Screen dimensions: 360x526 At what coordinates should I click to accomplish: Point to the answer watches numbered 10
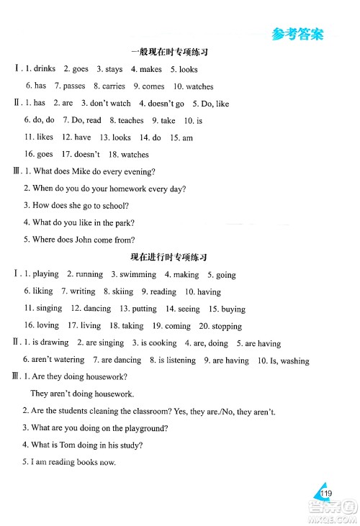199,86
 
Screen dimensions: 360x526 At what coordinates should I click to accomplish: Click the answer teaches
131,121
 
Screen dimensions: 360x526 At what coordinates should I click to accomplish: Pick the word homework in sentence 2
125,189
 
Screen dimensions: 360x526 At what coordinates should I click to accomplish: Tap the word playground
147,429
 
